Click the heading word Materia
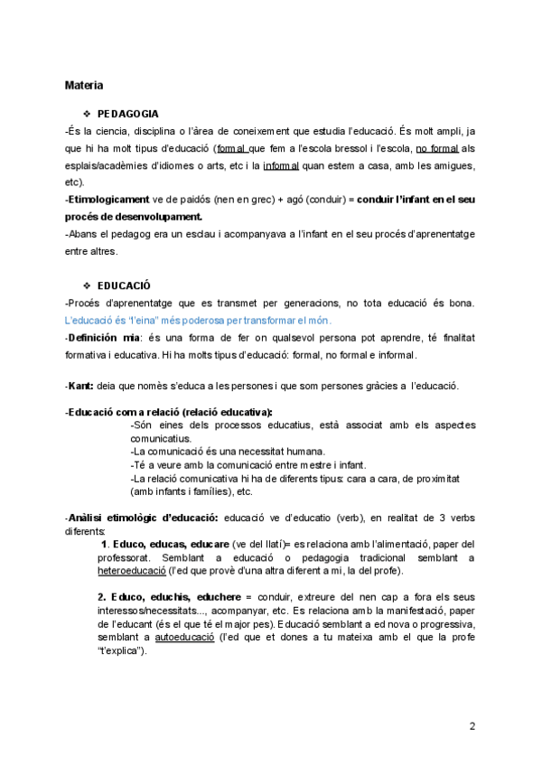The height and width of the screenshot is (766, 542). (x=84, y=86)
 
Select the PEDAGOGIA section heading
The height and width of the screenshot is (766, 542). (x=128, y=114)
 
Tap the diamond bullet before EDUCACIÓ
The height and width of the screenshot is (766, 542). (x=87, y=285)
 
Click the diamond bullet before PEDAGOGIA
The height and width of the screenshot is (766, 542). (x=87, y=114)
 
